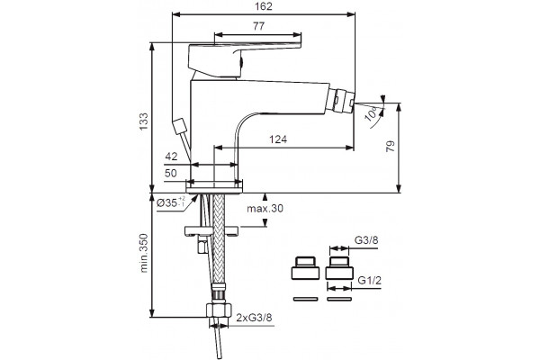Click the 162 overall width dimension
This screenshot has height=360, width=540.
click(264, 6)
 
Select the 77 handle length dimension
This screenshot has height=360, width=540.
click(258, 26)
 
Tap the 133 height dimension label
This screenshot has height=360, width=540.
click(143, 121)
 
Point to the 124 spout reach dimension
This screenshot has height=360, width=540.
click(278, 139)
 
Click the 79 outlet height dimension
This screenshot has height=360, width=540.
click(391, 147)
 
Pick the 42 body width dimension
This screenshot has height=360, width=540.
click(171, 157)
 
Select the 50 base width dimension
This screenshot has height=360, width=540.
click(171, 174)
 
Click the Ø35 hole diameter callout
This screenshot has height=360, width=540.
click(171, 202)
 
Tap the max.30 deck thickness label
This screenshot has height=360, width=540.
click(265, 209)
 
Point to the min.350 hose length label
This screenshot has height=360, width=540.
click(143, 253)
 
